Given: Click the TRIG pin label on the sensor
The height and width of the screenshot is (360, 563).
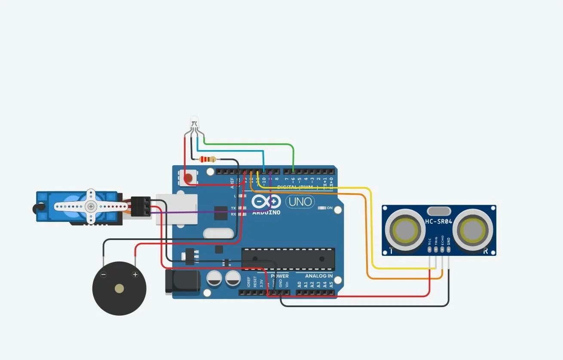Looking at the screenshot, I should coord(436,240).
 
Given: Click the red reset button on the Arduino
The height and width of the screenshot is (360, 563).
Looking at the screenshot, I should coord(188,178).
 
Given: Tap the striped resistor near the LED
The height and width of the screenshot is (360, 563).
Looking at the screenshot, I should coord(208,160).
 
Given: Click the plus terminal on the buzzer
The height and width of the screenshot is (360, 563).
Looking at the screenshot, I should coord(135,274).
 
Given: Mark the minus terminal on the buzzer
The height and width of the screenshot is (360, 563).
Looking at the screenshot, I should coord(103,274).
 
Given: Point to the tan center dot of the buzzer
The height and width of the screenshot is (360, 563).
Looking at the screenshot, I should coord(119,289).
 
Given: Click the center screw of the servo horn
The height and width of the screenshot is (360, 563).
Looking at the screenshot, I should coord(91,206).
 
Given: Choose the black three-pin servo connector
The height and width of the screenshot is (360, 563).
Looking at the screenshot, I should coord(141,206).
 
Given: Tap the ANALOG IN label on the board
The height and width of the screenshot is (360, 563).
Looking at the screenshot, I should coord(318,276).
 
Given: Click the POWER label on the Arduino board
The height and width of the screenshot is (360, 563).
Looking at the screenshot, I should coord(280,276).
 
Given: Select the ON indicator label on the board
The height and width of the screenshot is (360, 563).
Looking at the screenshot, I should coord(330,208).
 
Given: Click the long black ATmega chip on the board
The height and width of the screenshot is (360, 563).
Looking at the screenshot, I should coord(288,259).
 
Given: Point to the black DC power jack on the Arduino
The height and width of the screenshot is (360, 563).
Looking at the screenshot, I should coord(183,282).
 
